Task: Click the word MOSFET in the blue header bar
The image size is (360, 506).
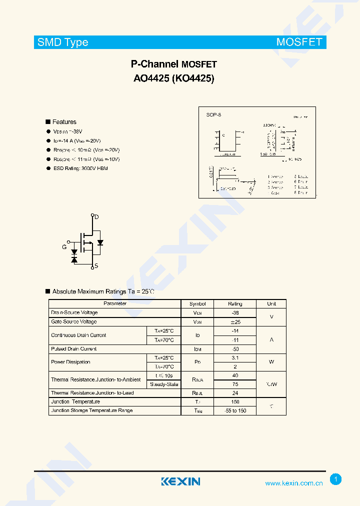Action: tap(299, 42)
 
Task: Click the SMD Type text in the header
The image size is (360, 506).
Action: tap(63, 42)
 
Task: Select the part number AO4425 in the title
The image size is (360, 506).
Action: tap(151, 78)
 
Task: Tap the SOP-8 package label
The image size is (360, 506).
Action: tap(213, 114)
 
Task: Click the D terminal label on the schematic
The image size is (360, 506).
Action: tap(96, 217)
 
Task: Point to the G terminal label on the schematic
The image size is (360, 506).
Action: tap(64, 247)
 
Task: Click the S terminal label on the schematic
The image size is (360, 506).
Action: tap(96, 266)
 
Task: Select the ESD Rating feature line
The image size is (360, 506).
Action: tap(80, 168)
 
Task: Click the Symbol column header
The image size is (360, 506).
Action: tap(197, 303)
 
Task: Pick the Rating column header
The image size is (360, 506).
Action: tap(235, 303)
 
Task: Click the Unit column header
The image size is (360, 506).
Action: tap(271, 303)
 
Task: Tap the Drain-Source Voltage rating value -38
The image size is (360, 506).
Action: tap(235, 312)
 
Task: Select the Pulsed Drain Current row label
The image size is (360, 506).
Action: tap(74, 348)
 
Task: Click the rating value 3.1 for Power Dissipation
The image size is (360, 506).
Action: tap(235, 358)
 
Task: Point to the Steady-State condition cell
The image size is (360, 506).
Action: tap(164, 384)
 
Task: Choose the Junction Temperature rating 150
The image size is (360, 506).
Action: tap(235, 401)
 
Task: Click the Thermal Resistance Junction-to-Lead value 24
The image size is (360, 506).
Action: tap(235, 393)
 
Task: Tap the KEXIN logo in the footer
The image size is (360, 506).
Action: tap(180, 481)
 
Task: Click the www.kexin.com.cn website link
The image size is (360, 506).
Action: tap(293, 483)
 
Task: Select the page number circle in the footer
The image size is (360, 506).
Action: tap(336, 479)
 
